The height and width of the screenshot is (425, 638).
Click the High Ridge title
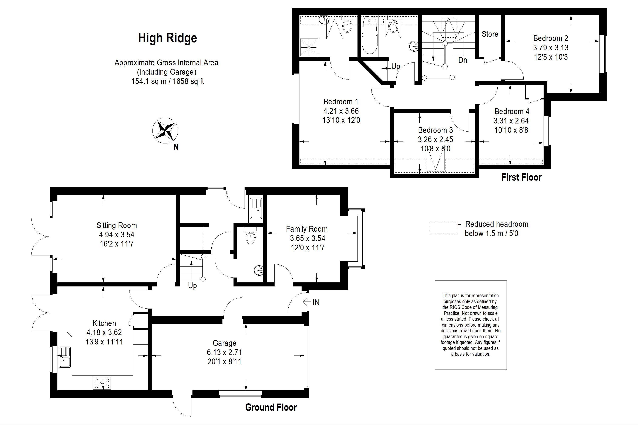coord(167,38)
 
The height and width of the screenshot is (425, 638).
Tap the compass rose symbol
coord(165,130)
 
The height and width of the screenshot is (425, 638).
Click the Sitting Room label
coord(117,225)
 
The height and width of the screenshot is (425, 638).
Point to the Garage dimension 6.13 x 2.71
coord(224,352)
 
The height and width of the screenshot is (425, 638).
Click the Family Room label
coord(307,229)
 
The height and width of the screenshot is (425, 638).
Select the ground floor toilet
coord(250,236)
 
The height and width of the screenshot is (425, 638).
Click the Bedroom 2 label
coord(551,38)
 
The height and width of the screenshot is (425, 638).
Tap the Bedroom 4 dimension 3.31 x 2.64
coord(511,121)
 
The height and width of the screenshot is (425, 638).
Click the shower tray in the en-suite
coord(309,47)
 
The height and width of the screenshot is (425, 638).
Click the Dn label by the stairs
coord(463,60)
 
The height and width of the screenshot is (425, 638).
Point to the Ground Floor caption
coord(271,407)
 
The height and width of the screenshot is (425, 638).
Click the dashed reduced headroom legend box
coord(443,228)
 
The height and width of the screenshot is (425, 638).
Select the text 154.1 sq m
coord(149,81)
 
